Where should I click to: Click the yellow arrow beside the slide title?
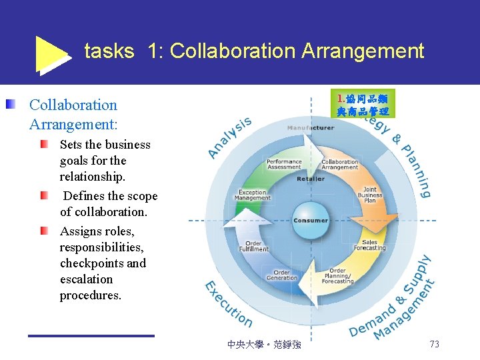[x=51, y=53]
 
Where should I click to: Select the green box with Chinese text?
[x=366, y=103]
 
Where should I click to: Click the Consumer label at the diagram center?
[x=311, y=221]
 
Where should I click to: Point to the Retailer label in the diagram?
[x=311, y=179]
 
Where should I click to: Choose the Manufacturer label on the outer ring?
[x=311, y=127]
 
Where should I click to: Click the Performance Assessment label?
[x=284, y=164]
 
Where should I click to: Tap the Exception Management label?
[x=253, y=195]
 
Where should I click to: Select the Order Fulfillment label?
[x=253, y=246]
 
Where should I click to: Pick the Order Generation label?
[x=282, y=275]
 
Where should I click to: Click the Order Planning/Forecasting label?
[x=338, y=277]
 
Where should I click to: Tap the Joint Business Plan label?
[x=370, y=195]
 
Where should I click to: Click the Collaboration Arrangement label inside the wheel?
[x=340, y=164]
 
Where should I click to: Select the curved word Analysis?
[x=229, y=137]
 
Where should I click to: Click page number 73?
[x=434, y=344]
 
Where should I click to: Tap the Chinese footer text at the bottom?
[x=264, y=345]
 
